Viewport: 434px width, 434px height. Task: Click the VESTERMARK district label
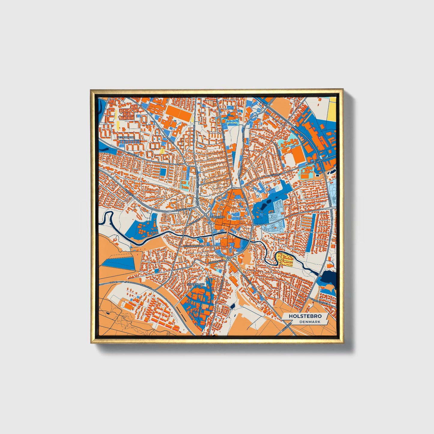pyautogui.click(x=126, y=137)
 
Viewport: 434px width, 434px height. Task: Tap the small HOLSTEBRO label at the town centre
pyautogui.click(x=217, y=216)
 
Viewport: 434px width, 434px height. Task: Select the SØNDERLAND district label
pyautogui.click(x=196, y=284)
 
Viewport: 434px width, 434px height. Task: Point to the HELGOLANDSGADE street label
pyautogui.click(x=193, y=246)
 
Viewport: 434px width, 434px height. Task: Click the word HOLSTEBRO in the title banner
pyautogui.click(x=305, y=316)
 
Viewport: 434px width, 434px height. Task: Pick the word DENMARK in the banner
pyautogui.click(x=310, y=322)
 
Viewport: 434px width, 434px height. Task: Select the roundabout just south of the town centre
pyautogui.click(x=228, y=258)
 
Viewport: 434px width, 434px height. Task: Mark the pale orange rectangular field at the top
pyautogui.click(x=280, y=105)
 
